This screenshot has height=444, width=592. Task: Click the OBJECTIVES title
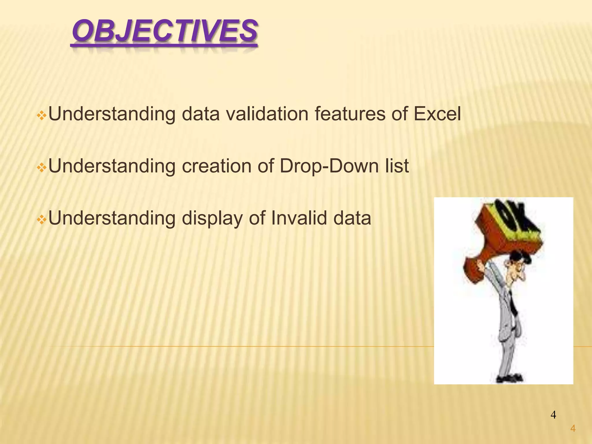(x=164, y=31)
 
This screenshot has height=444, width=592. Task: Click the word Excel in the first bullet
(x=437, y=114)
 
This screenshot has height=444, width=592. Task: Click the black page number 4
(x=553, y=415)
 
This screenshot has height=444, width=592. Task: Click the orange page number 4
(x=573, y=429)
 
